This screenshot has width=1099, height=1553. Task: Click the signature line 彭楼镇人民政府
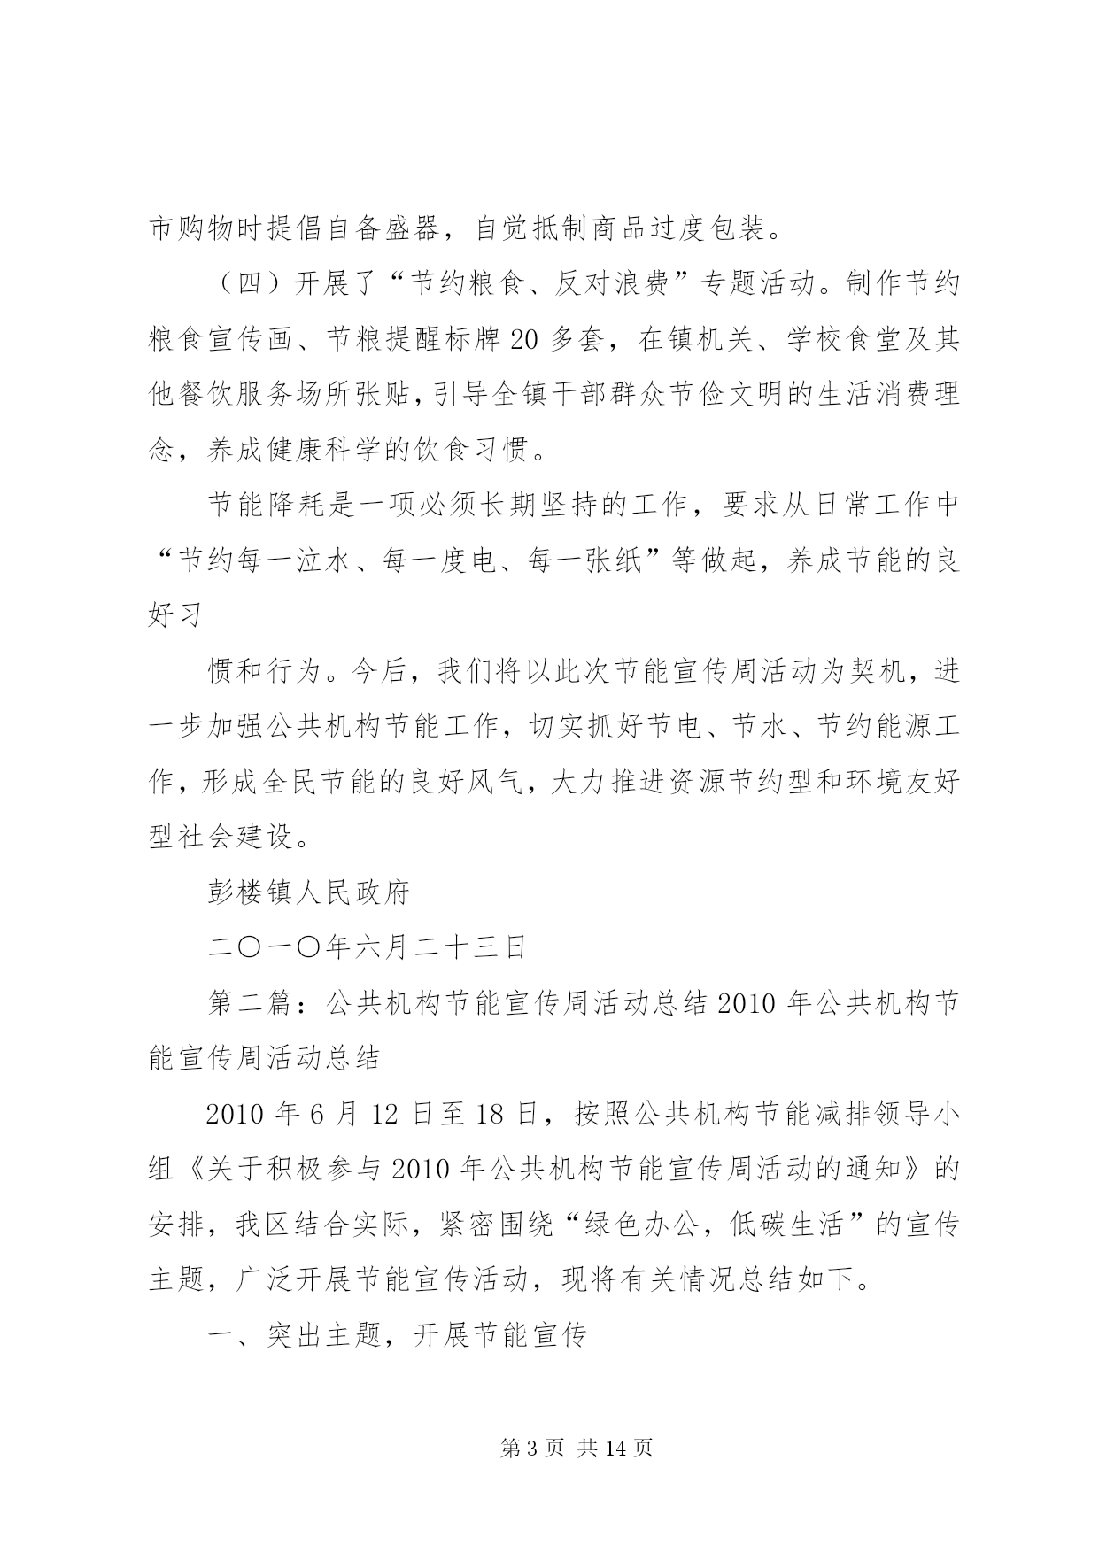[x=308, y=892]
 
